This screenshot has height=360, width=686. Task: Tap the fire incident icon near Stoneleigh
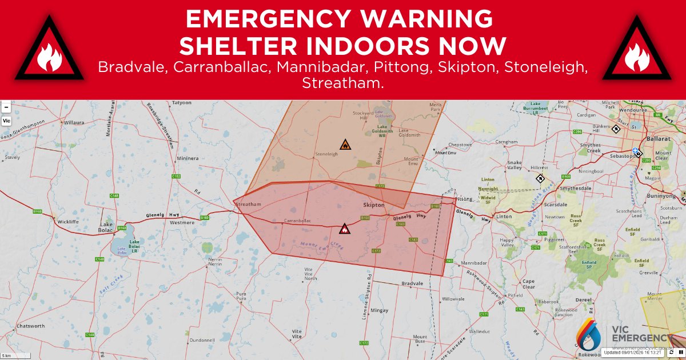click(345, 145)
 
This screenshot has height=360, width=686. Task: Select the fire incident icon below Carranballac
click(344, 229)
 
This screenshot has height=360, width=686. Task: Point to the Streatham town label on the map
click(249, 204)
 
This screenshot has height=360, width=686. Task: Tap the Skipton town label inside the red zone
click(373, 205)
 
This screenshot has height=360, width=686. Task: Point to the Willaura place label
click(74, 122)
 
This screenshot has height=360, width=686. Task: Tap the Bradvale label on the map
click(412, 283)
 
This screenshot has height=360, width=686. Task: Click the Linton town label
click(504, 217)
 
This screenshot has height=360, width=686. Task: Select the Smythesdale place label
click(573, 188)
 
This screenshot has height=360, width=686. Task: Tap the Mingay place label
click(379, 310)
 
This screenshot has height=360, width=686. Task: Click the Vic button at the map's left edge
click(6, 121)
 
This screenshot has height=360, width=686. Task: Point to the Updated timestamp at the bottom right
click(632, 353)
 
